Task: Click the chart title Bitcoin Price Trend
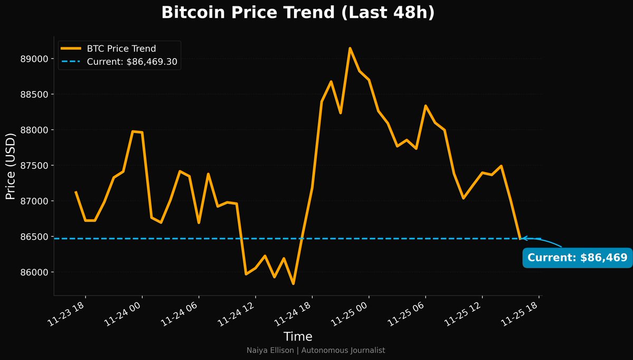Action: [x=298, y=13]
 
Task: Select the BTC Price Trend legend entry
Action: [x=121, y=49]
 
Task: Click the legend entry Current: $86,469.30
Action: [x=131, y=62]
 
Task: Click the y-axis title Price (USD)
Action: [x=11, y=165]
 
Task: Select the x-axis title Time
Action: [x=298, y=337]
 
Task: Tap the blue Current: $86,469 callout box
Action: [x=577, y=258]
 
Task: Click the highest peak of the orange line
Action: [x=350, y=48]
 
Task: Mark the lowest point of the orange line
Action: [x=293, y=283]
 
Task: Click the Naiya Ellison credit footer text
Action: [x=316, y=350]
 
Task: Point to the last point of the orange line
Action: [x=520, y=239]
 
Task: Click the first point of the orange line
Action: [x=75, y=192]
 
